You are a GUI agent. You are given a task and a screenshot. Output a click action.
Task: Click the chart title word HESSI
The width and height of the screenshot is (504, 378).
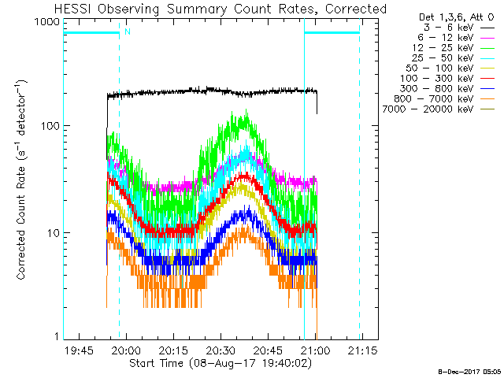73,9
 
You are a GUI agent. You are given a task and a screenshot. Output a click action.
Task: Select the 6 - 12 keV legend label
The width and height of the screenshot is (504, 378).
446,38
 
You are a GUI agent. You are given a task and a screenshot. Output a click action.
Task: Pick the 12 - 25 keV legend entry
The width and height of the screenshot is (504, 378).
443,48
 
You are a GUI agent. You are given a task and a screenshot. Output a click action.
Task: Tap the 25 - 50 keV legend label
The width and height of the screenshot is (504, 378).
443,58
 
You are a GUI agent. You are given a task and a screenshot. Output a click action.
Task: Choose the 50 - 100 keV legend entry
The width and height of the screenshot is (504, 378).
439,69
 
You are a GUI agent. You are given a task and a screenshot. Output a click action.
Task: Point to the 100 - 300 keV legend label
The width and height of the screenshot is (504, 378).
437,79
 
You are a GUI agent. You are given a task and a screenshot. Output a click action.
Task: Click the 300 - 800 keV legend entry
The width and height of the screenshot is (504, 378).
437,89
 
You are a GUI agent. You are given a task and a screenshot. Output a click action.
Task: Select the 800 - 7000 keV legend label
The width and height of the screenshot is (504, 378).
434,99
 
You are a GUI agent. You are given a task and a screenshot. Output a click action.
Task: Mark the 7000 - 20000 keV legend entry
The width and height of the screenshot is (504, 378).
428,109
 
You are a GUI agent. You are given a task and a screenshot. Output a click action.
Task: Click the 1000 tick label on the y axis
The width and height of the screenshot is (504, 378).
47,22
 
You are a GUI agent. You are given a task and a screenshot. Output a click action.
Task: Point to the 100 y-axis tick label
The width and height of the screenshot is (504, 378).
50,126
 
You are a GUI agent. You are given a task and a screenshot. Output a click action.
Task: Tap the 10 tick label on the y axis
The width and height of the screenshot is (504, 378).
54,233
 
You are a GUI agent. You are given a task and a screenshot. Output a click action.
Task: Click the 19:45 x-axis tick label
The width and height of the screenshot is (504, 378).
79,350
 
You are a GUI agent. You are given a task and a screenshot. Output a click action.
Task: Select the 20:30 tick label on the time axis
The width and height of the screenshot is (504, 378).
220,350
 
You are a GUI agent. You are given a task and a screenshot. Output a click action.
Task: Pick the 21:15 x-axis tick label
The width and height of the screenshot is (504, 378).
362,350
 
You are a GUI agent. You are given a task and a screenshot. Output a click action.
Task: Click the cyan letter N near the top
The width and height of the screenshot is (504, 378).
128,31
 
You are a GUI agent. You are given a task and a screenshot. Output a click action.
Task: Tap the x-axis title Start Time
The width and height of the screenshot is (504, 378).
156,363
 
